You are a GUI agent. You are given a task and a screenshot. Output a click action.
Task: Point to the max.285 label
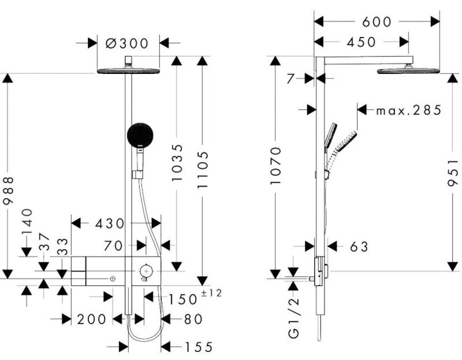click(x=408, y=110)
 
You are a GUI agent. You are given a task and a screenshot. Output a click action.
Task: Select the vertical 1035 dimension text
click(x=177, y=164)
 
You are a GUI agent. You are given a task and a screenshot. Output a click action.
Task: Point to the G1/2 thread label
click(x=295, y=325)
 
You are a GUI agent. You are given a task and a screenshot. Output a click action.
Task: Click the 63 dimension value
click(x=359, y=247)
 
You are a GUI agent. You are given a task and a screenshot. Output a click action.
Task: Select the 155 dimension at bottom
click(x=199, y=347)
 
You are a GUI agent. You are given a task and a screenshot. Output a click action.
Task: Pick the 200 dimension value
click(x=91, y=319)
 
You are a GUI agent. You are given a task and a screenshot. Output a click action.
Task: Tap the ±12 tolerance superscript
click(x=211, y=294)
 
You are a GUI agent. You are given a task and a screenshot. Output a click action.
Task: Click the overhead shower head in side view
click(x=408, y=70)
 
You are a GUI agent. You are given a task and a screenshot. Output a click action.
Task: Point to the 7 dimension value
click(x=291, y=79)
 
